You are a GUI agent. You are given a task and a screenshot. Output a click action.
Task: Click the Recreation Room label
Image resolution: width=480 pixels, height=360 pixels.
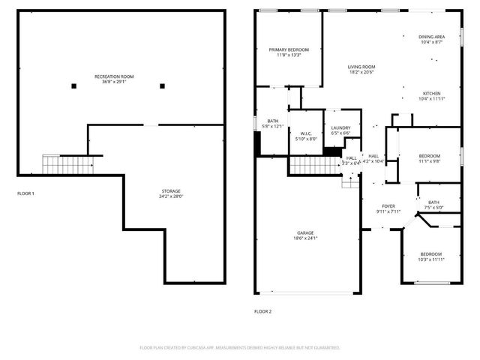114,76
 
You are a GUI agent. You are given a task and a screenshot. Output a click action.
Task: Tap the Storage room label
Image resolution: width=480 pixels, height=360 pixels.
171,191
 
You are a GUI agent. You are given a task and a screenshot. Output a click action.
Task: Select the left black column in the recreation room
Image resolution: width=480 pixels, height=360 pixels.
73,86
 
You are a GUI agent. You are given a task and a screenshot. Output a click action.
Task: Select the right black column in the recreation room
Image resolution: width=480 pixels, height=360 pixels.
161,86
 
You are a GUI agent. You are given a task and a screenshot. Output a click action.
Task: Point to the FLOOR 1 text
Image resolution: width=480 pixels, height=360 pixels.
25,193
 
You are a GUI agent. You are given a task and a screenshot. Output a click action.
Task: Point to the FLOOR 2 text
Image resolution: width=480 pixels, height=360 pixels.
262,310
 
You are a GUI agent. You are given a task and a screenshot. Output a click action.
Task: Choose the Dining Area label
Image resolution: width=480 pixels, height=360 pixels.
432,36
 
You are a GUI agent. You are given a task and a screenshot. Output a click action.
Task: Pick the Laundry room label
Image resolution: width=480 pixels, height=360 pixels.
340,128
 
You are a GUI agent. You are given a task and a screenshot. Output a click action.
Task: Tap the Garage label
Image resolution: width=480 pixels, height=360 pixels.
304,233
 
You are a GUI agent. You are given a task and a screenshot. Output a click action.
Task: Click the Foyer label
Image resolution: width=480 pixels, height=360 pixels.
388,206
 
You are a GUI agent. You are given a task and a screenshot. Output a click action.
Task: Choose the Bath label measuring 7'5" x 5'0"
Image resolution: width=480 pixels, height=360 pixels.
433,202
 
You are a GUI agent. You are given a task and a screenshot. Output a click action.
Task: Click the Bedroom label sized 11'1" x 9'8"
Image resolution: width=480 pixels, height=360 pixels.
430,156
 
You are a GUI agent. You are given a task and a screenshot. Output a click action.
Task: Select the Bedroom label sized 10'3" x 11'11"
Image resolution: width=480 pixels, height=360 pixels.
430,254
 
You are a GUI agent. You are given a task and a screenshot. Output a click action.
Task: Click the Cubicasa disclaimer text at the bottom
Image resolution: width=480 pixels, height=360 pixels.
240,348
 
